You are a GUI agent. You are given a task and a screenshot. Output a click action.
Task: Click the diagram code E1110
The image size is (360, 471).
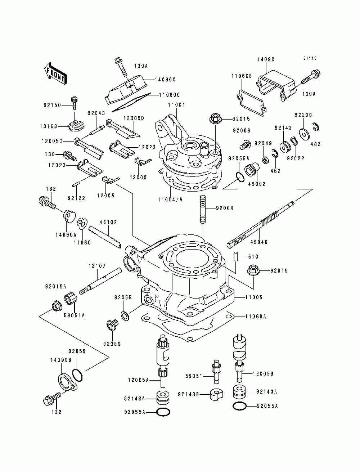310,58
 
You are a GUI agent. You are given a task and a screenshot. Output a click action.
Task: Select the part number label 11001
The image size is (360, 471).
176,105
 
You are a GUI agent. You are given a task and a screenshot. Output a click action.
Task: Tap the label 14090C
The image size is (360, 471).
165,80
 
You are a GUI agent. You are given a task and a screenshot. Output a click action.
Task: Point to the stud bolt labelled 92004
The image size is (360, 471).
203,209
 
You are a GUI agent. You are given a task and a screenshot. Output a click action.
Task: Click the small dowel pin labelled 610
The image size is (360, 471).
235,256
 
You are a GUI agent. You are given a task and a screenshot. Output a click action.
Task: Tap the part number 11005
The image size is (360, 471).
254,297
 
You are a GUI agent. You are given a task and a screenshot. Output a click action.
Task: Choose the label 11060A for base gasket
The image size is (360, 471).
256,316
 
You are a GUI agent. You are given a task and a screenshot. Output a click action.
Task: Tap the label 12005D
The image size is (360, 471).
134,118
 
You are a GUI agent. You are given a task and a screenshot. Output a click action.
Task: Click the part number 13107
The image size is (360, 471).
97,266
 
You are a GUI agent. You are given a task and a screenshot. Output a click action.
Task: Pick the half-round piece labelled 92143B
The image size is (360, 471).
216,394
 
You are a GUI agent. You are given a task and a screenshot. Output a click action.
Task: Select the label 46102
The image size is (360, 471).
108,222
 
